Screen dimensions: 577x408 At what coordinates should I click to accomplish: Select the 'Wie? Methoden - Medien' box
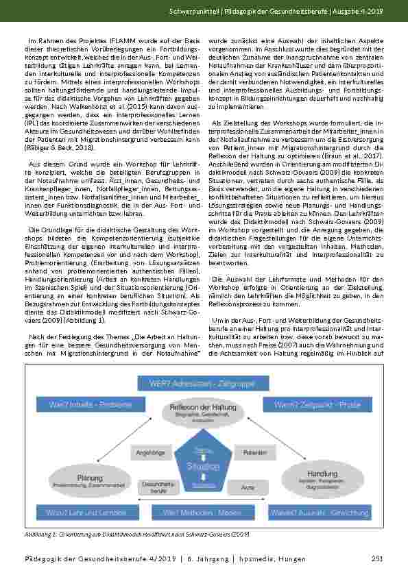tap(203, 513)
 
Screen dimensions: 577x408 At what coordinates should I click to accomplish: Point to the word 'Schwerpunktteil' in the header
tap(191, 13)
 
